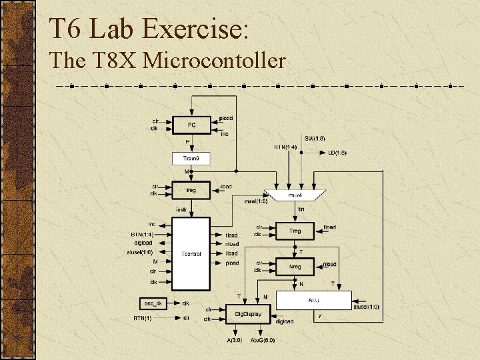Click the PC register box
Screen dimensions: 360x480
191,124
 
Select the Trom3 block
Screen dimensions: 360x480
191,159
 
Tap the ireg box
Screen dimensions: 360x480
191,190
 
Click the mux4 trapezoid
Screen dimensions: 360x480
294,195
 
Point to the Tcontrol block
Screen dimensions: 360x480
191,254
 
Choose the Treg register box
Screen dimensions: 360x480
295,231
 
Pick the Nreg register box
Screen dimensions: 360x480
295,267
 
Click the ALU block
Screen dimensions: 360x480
313,300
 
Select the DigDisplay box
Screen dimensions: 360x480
248,313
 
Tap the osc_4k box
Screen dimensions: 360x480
155,303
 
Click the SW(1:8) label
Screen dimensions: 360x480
315,138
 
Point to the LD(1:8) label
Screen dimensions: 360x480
337,153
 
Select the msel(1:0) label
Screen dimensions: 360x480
256,201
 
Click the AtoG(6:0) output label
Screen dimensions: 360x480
262,340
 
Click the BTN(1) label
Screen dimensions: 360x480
142,318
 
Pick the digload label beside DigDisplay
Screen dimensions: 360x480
284,321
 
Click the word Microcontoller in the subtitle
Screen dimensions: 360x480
214,61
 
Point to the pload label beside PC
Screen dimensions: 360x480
227,118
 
